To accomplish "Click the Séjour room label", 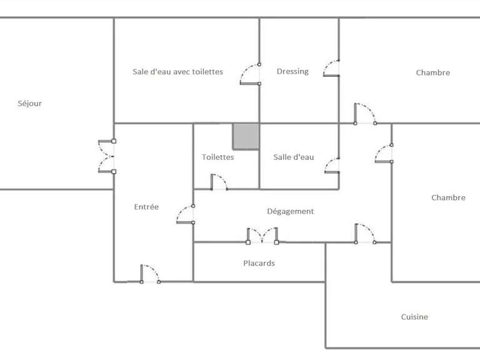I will coord(29,104).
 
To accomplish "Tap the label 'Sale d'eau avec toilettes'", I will coord(177,72).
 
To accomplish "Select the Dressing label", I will coord(292,71).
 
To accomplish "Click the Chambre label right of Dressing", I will coord(432,73).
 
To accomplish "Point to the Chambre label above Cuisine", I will coord(448,198).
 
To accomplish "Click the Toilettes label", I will coord(217,157).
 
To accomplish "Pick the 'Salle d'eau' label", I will coord(294,157).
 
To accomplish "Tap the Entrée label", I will coord(146,207).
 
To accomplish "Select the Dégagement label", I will coord(290,211).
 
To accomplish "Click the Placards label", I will coord(259,263).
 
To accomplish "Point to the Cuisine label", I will coord(414,317).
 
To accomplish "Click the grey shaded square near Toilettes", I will coord(246,136).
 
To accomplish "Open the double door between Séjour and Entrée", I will coord(107,156).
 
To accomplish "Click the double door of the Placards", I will coord(262,235).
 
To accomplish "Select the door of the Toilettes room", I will coord(219,182).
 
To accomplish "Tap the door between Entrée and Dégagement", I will coord(185,214).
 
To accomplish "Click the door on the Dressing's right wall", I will coord(331,68).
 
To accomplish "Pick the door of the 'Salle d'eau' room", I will coord(331,165).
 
